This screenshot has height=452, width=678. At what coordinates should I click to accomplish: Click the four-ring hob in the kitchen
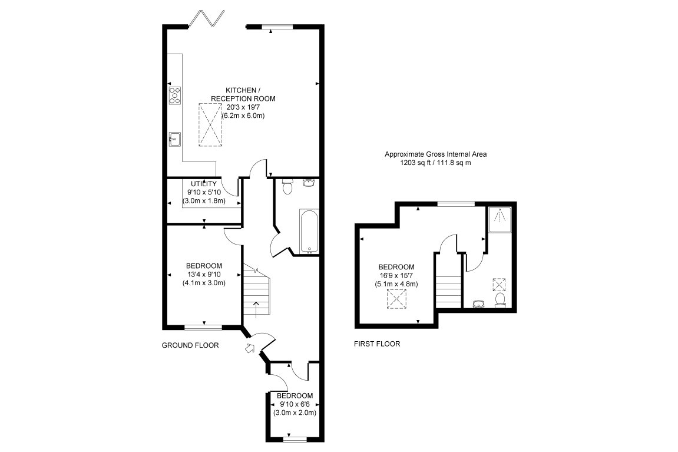(x=175, y=95)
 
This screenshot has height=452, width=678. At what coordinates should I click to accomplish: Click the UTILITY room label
(x=203, y=184)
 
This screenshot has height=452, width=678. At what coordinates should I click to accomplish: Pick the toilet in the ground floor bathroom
(x=287, y=187)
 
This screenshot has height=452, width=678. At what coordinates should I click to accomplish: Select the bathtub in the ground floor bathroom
(x=309, y=230)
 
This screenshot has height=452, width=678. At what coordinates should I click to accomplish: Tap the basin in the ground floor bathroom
(x=309, y=183)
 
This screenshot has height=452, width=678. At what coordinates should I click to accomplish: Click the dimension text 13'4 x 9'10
(x=204, y=273)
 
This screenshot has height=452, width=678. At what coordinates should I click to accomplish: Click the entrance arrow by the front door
(x=250, y=348)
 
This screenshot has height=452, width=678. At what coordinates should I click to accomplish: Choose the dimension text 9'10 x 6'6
(x=295, y=404)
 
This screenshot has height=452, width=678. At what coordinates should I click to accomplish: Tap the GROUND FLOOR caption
(x=190, y=345)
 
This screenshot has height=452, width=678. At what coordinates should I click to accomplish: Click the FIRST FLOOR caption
(x=377, y=344)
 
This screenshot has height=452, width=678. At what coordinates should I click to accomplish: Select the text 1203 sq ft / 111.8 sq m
(x=436, y=163)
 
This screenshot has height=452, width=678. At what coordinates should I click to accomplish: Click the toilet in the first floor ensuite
(x=501, y=301)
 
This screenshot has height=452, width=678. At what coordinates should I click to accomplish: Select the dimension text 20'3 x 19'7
(x=243, y=107)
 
